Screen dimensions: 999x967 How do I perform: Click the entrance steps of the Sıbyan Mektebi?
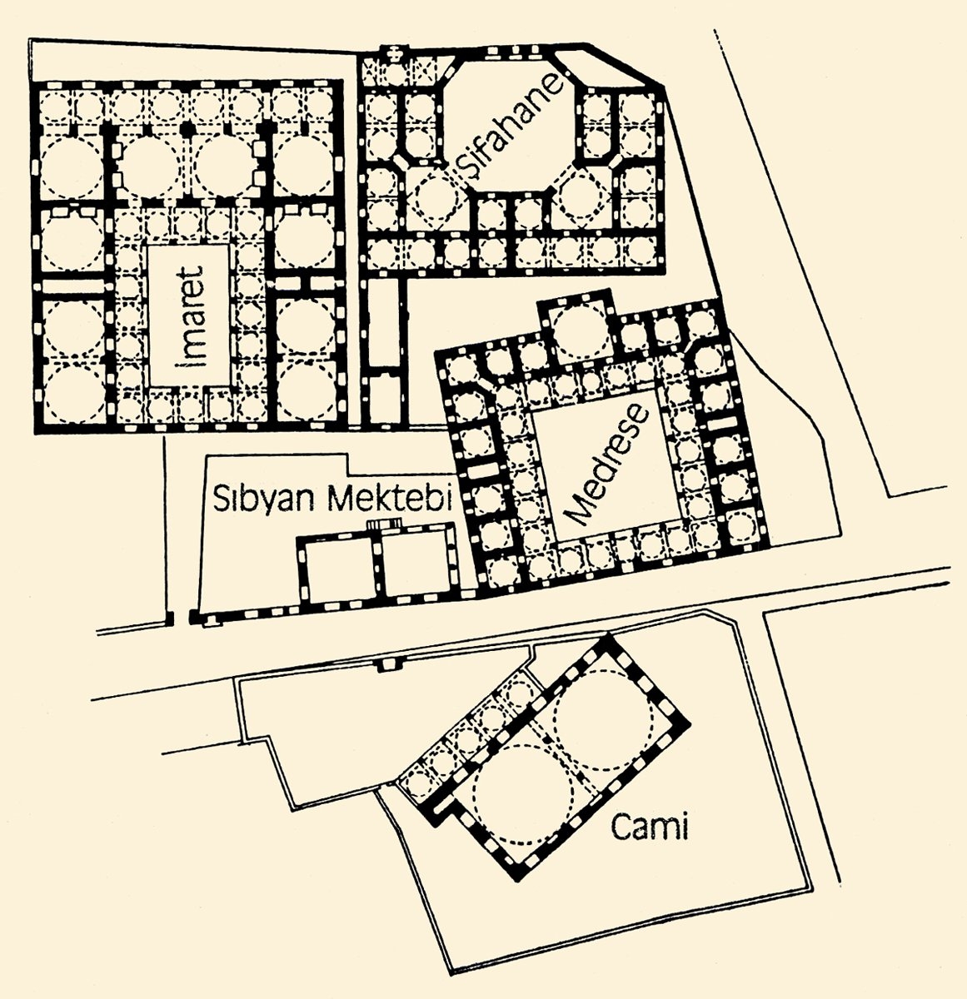(385, 525)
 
